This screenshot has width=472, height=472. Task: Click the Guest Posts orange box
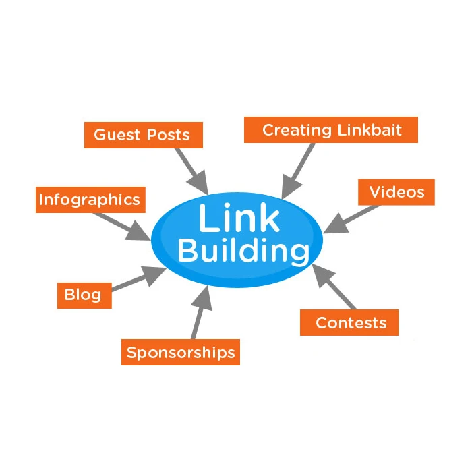pos(142,135)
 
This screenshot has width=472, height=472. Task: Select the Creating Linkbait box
pos(330,129)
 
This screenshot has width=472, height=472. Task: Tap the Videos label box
pos(396,192)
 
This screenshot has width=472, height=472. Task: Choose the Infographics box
pos(89,200)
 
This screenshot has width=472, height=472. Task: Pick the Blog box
pos(84,295)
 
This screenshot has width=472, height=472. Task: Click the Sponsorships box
pos(181,352)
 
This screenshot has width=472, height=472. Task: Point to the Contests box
pos(349,322)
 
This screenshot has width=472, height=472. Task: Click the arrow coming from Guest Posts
pos(192,169)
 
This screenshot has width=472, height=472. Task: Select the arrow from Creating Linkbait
pos(297,171)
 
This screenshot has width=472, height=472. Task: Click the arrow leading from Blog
pos(138,280)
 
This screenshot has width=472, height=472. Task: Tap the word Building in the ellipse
pos(243,252)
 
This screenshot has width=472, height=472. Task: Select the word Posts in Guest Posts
pos(167,135)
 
